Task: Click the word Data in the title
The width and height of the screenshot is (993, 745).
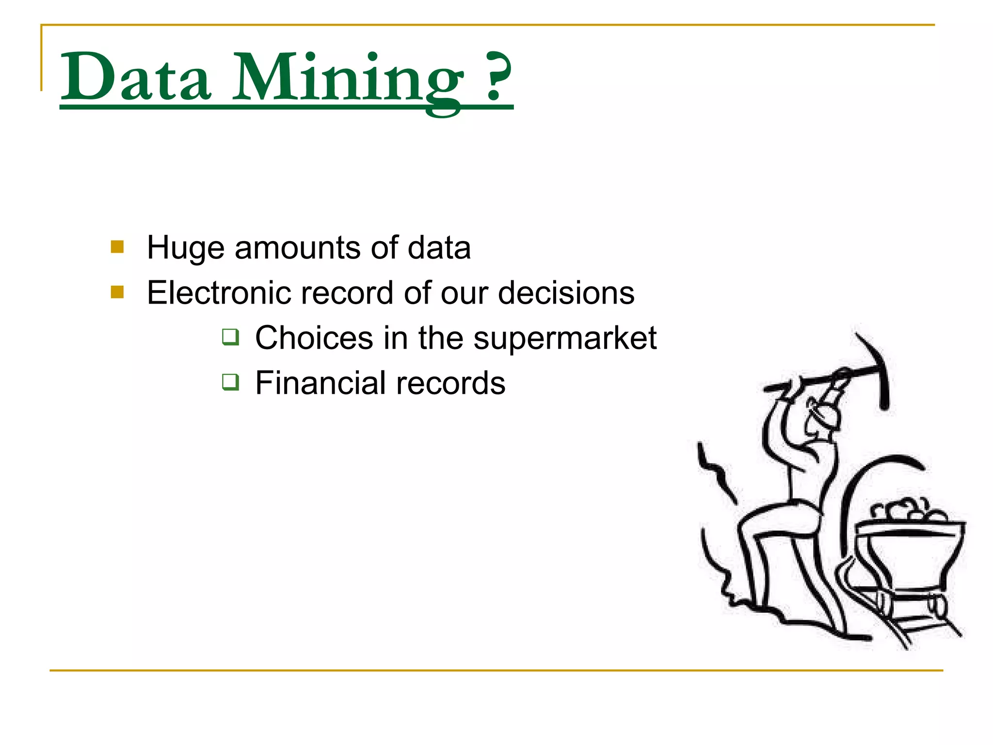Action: click(136, 78)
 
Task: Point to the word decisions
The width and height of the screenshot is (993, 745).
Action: click(566, 293)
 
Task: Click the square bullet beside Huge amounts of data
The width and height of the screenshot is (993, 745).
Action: click(117, 247)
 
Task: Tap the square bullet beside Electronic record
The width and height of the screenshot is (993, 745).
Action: click(117, 292)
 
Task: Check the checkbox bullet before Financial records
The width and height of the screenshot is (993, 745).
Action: click(230, 382)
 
